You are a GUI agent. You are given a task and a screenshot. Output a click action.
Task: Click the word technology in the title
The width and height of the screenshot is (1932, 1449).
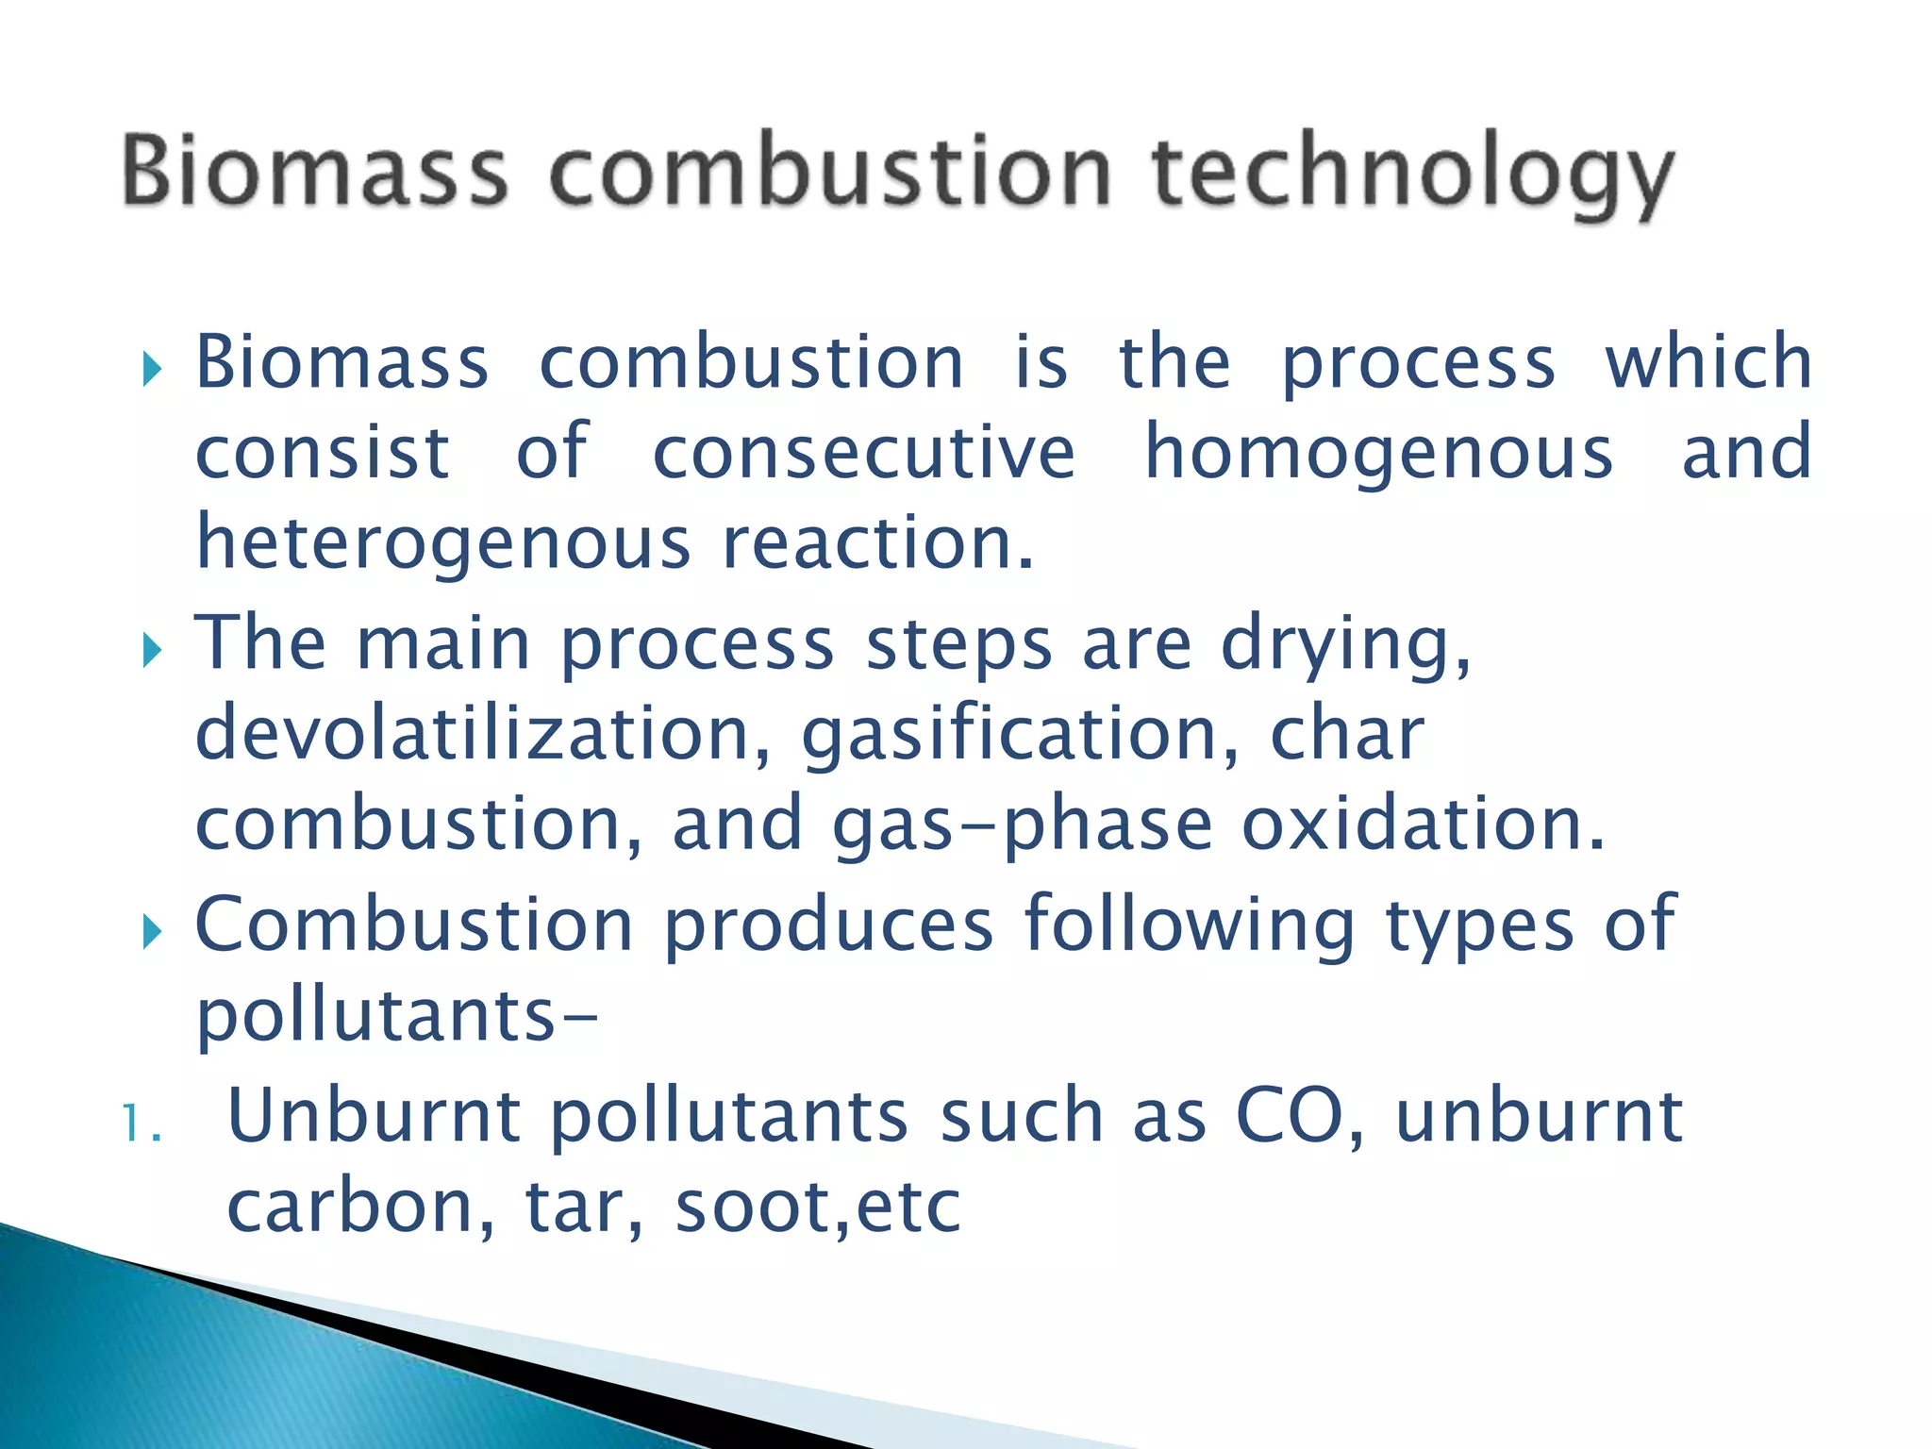(1412, 175)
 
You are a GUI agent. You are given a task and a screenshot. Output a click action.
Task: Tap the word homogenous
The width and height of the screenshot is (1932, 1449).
(1378, 454)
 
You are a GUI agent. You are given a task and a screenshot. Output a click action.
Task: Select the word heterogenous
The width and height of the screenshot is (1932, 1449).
(443, 544)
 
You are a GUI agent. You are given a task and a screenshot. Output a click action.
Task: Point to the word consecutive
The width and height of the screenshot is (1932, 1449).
(863, 454)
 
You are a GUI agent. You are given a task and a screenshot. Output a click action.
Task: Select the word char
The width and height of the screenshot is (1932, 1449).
(1346, 734)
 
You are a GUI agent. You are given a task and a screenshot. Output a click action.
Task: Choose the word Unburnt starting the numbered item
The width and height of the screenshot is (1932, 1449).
(374, 1116)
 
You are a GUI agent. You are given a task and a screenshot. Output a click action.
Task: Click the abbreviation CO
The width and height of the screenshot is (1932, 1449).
(1290, 1116)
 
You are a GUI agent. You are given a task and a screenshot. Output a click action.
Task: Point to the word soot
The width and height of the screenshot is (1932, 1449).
(754, 1207)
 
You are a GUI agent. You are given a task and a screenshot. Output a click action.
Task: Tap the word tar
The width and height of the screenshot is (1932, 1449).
(582, 1207)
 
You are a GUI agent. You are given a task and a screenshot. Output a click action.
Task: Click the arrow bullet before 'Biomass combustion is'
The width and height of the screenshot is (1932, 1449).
(152, 370)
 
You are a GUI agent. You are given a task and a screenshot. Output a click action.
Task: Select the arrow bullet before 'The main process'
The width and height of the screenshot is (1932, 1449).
(152, 651)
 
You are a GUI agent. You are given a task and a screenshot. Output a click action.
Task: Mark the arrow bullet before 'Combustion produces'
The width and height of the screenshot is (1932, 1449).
(152, 933)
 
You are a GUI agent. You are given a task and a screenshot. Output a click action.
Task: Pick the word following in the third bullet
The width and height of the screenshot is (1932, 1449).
(1190, 925)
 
